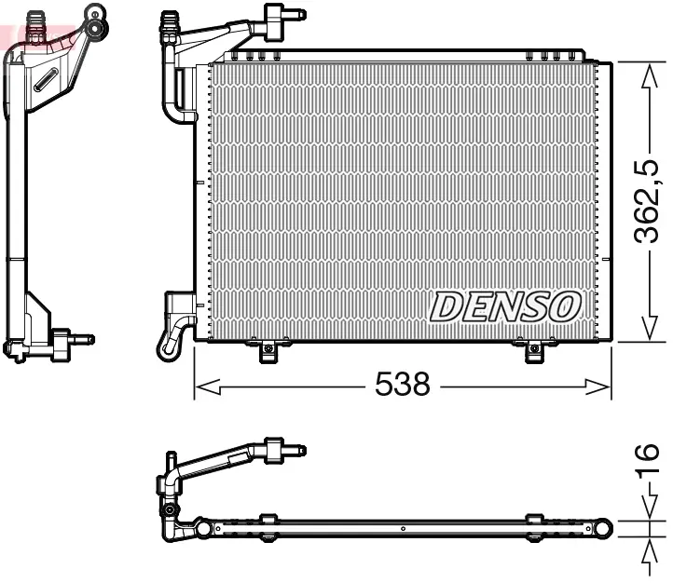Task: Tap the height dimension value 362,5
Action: pyautogui.click(x=649, y=200)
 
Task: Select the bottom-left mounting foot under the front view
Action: pyautogui.click(x=268, y=351)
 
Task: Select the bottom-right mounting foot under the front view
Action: pyautogui.click(x=533, y=351)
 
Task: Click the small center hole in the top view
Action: pyautogui.click(x=402, y=529)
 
